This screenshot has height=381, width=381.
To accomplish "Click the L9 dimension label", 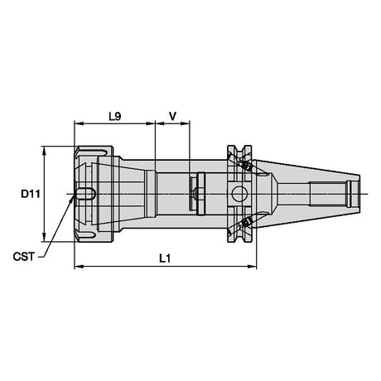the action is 115,117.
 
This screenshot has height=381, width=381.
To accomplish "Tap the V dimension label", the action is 172,117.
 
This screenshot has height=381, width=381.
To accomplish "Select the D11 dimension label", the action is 31,194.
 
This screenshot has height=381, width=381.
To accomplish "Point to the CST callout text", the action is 24,257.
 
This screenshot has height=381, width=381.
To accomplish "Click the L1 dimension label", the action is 165,258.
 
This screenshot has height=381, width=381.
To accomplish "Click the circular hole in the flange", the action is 239,194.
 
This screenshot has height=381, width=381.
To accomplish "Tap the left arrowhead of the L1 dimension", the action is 79,267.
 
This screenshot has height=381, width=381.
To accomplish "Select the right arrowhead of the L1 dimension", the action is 252,267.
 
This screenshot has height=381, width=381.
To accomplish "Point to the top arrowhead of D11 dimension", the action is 44,151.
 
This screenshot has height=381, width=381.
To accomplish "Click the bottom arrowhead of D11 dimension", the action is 44,237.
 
